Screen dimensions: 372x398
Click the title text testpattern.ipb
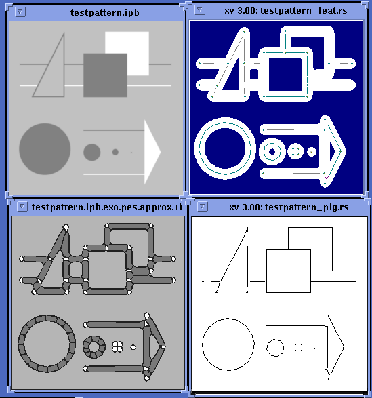[105, 12]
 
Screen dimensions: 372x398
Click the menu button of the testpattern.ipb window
[20, 12]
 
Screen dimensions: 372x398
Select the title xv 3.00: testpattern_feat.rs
[286, 11]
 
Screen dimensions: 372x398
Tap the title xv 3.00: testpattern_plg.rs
[289, 207]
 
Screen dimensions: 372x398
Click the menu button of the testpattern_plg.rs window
[202, 207]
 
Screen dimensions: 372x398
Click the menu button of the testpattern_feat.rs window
[200, 10]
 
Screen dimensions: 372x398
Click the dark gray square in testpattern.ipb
[105, 75]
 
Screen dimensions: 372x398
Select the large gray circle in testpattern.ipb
[45, 149]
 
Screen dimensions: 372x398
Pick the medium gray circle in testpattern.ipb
[92, 153]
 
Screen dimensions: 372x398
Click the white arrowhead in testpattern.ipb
[152, 152]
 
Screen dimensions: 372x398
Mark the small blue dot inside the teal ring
[272, 152]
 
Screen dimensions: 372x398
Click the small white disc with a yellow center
[311, 152]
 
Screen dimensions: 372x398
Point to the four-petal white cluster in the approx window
[118, 346]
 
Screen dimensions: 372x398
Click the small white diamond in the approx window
[133, 347]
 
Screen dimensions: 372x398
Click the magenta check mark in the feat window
[327, 177]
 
